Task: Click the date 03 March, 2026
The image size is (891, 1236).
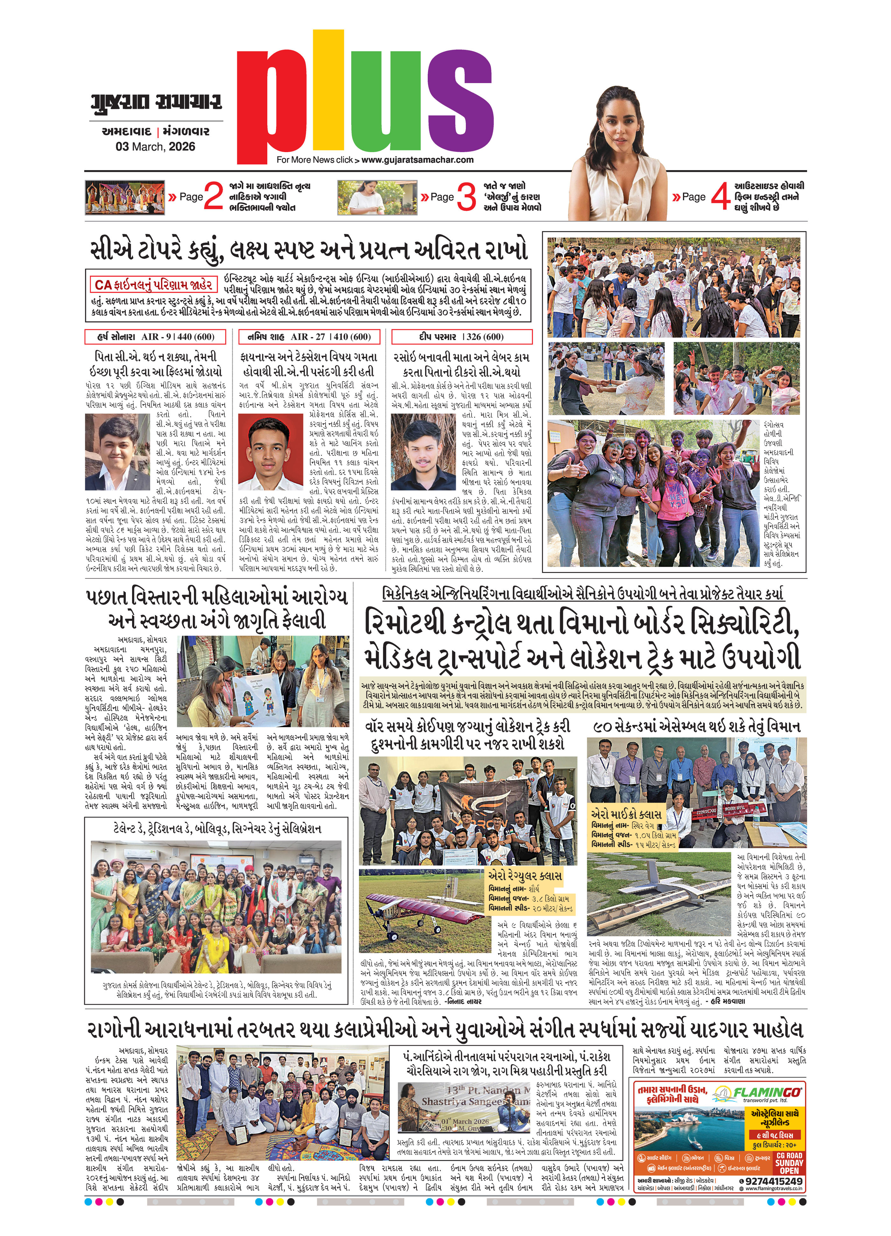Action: pos(155,147)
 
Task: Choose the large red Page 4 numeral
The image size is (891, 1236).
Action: pos(720,197)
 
